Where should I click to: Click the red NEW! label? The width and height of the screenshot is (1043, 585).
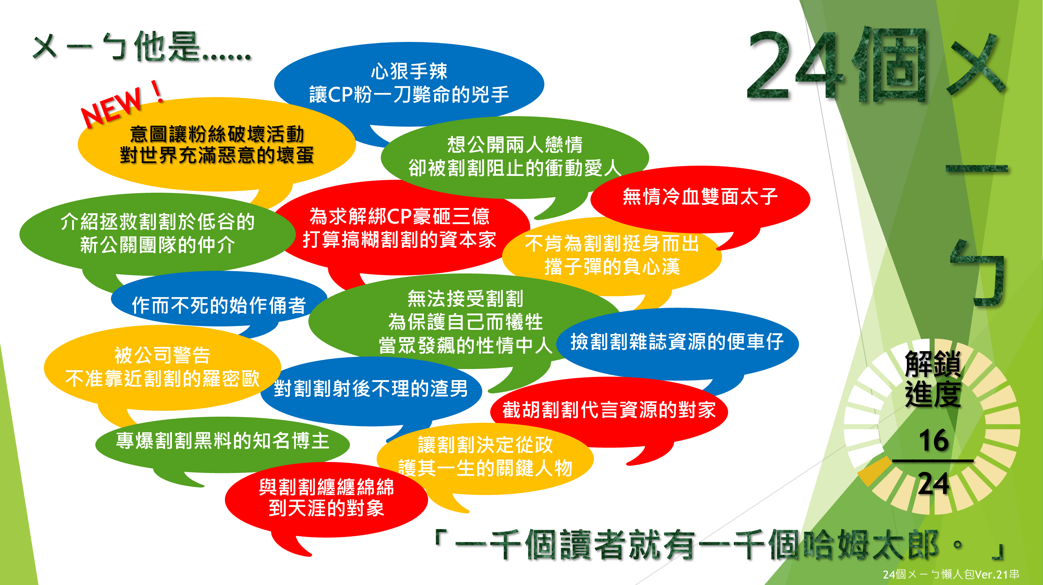[x=123, y=104]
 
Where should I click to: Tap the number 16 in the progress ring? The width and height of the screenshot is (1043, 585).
[x=934, y=440]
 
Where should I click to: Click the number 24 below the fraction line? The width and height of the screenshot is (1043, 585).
[x=934, y=483]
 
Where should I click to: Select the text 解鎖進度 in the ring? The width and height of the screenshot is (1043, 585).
[x=933, y=379]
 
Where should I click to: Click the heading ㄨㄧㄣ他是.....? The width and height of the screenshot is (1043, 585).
[x=142, y=47]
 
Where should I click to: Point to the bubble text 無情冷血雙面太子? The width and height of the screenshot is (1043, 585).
[x=700, y=197]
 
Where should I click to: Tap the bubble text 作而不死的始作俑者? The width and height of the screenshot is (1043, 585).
[x=219, y=305]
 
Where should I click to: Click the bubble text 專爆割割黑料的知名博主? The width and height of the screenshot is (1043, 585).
[x=222, y=441]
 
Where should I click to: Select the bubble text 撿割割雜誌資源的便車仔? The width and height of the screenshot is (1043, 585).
[x=677, y=342]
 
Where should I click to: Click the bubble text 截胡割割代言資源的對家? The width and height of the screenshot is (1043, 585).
[x=609, y=410]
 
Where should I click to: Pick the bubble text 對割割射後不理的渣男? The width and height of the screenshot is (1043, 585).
[x=371, y=389]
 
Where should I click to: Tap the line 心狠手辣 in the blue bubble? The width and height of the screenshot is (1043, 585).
[x=409, y=72]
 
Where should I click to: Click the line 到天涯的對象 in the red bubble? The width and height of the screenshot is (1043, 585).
[x=326, y=508]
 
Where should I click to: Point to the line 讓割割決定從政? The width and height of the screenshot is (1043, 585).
[x=485, y=445]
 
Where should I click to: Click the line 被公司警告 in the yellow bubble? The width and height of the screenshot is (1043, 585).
[x=162, y=356]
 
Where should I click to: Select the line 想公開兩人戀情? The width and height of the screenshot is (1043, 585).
[x=515, y=145]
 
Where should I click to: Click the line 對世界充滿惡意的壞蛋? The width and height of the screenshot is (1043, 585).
[x=217, y=155]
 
